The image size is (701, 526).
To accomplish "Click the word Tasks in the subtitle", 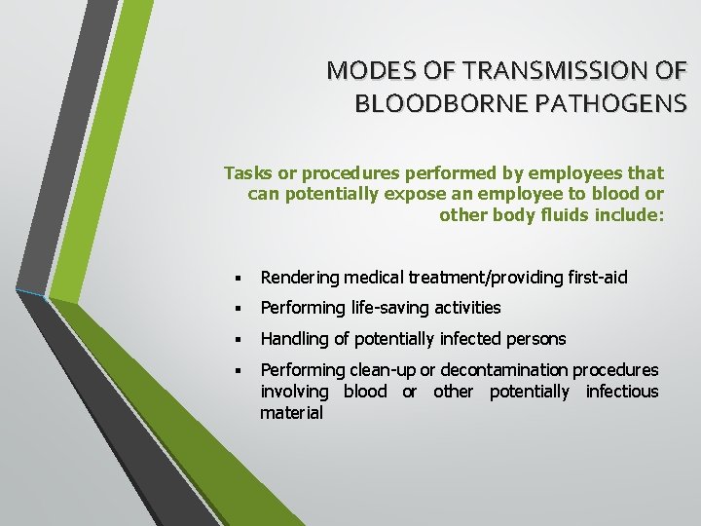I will [x=245, y=173].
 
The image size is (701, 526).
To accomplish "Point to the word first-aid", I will [x=597, y=279].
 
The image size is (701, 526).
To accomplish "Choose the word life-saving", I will [x=387, y=309].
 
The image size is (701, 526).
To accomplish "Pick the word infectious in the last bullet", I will [x=621, y=392].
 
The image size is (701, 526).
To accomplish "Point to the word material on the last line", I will [x=291, y=413].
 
